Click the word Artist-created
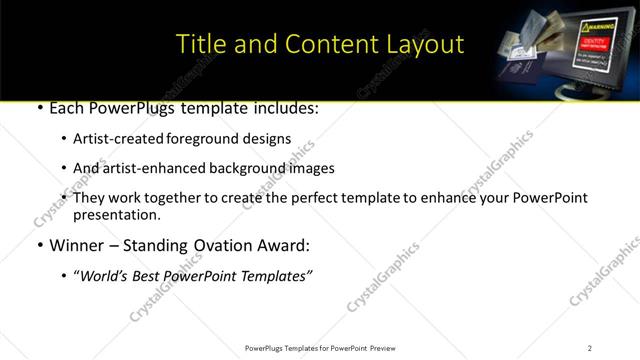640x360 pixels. (115, 139)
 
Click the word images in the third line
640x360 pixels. (313, 168)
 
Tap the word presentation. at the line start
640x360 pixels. (116, 214)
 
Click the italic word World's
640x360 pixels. (102, 277)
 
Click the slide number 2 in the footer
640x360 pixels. (589, 348)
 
